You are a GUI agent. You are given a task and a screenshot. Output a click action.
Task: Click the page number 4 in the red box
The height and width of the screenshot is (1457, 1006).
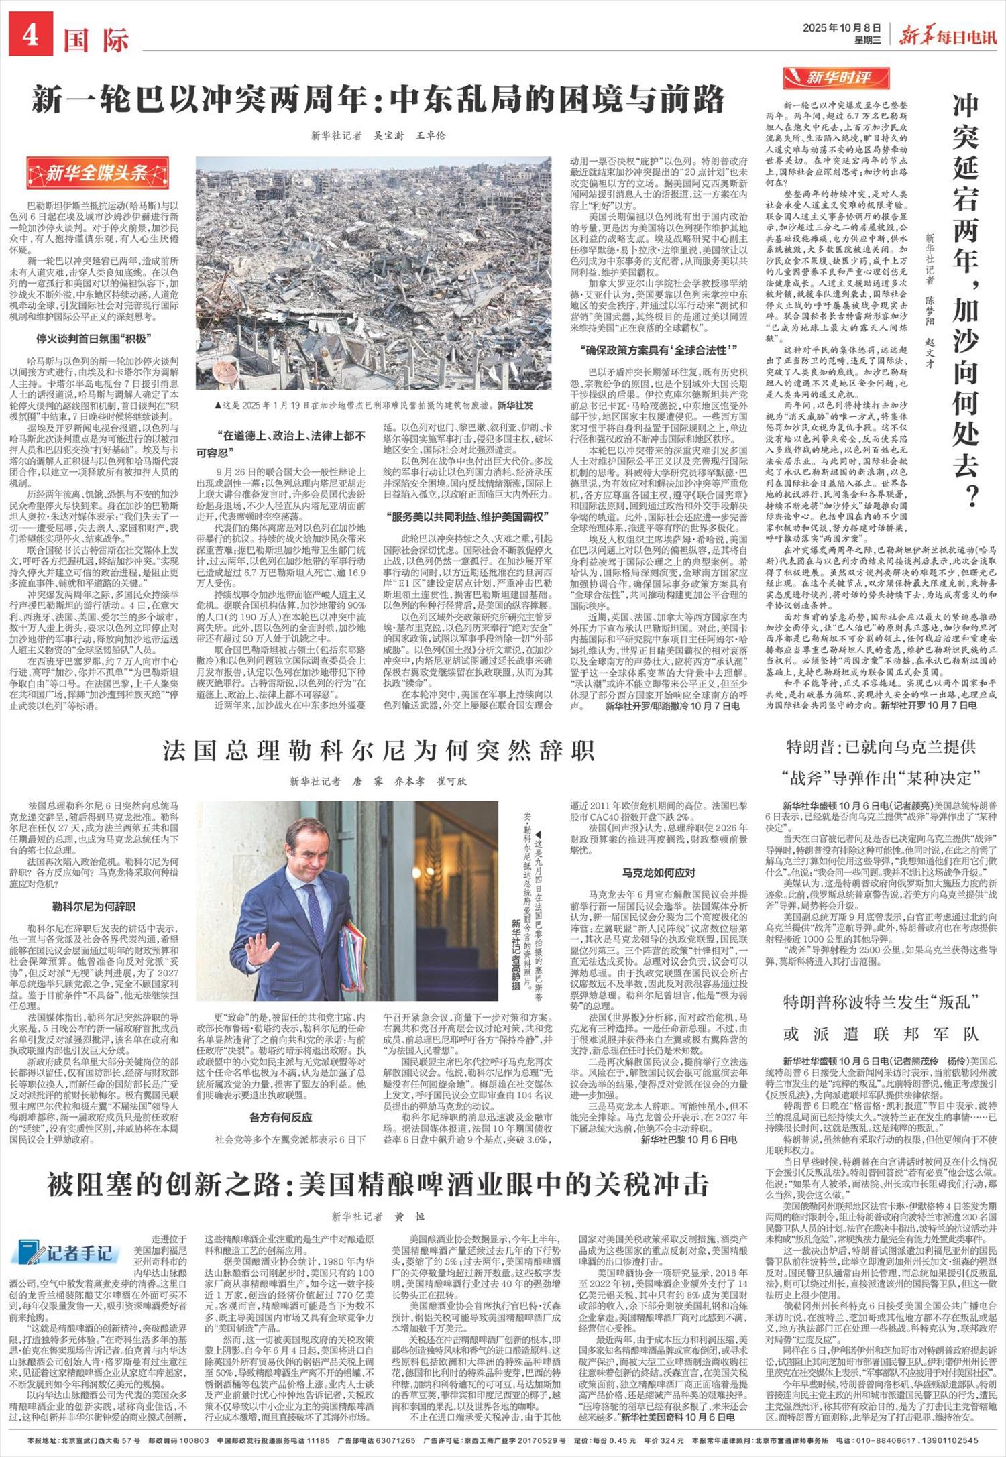31,36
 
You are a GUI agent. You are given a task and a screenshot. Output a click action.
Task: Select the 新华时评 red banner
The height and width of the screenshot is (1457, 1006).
836,78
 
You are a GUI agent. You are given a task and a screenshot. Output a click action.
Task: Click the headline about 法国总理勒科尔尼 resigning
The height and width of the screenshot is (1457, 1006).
379,751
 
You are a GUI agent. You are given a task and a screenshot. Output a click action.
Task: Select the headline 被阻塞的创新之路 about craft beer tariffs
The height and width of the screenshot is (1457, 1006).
378,1185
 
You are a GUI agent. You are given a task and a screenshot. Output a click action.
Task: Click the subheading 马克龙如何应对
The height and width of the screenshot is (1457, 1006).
659,872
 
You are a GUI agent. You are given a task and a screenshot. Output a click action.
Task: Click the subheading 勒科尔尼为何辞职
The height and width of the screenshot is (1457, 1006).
94,907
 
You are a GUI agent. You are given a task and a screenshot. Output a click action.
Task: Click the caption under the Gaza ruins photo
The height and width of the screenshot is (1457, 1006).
374,405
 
